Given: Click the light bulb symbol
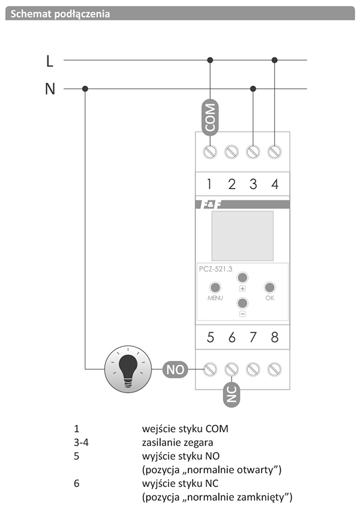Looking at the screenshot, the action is click(128, 369).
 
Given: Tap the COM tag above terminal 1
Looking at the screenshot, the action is click(210, 117).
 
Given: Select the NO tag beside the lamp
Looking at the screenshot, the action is click(175, 369).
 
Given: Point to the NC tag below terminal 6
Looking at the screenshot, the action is click(232, 395).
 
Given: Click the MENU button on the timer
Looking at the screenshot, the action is click(215, 288).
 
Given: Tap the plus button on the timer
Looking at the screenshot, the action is click(242, 277).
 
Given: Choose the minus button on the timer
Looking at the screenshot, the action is click(242, 303).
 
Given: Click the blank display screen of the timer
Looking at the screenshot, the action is click(242, 235).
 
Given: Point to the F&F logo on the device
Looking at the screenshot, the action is click(209, 204).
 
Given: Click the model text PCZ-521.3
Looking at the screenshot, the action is click(216, 269).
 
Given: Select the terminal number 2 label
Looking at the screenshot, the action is click(232, 184).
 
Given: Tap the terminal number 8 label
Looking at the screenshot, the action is click(275, 337).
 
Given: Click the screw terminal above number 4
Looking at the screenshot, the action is click(274, 151).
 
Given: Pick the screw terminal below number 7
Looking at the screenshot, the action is click(253, 369).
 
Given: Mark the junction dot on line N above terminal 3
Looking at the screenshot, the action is click(253, 89).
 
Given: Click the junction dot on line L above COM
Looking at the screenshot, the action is click(210, 60).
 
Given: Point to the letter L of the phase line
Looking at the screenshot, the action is click(49, 61).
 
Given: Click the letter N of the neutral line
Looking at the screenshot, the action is click(50, 89).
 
